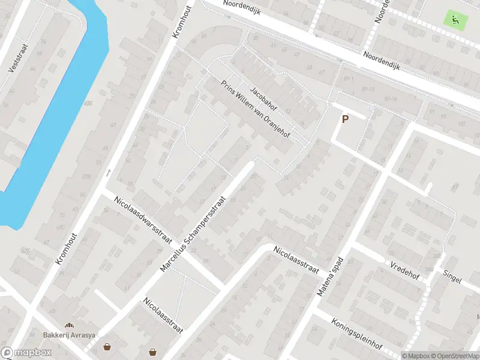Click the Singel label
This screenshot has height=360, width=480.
pyautogui.click(x=452, y=278)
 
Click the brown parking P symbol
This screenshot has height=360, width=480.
pyautogui.click(x=345, y=119)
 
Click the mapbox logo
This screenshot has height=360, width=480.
pyautogui.click(x=26, y=353)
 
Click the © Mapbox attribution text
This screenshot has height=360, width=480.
pyautogui.click(x=415, y=355)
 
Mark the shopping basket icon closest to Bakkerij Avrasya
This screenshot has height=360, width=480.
pyautogui.click(x=107, y=346)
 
